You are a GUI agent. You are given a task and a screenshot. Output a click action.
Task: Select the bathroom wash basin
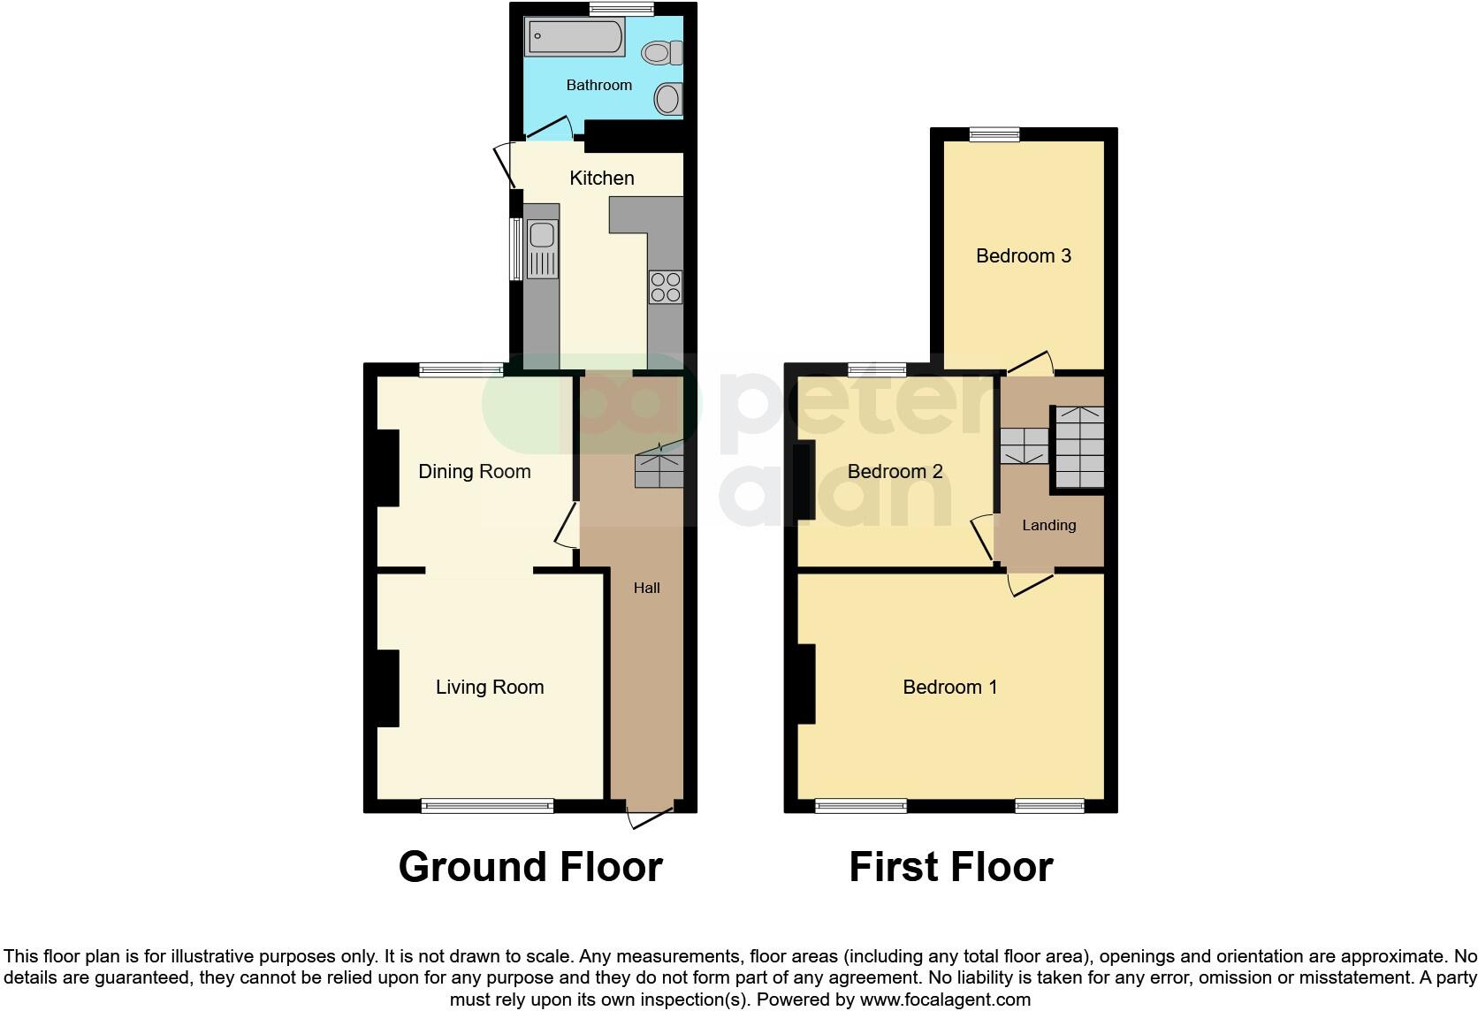tap(669, 98)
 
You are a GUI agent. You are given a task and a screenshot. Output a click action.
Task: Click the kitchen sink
tap(541, 235)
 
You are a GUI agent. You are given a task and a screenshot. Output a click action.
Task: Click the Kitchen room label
tap(602, 179)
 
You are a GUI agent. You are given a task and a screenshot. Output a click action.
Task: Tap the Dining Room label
tap(475, 472)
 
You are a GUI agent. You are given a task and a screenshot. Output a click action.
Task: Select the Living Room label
tap(490, 688)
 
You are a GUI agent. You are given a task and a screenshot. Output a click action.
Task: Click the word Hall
tap(647, 588)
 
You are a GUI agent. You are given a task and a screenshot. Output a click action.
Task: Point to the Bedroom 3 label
tap(1024, 256)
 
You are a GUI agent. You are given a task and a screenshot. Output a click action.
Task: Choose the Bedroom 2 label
tap(895, 472)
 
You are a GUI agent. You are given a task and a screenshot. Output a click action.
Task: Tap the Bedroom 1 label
tap(950, 688)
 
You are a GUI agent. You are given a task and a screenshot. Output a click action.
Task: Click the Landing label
tap(1049, 525)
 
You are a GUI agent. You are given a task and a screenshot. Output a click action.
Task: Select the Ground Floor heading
tap(530, 867)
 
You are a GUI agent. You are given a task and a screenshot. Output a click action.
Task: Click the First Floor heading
tap(951, 867)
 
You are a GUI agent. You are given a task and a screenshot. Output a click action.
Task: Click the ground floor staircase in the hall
tap(659, 469)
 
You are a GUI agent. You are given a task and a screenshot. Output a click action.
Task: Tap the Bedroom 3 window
tap(994, 134)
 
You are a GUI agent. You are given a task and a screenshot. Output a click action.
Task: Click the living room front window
tap(487, 805)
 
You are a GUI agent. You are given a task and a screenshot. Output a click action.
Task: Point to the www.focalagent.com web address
tap(945, 1000)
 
